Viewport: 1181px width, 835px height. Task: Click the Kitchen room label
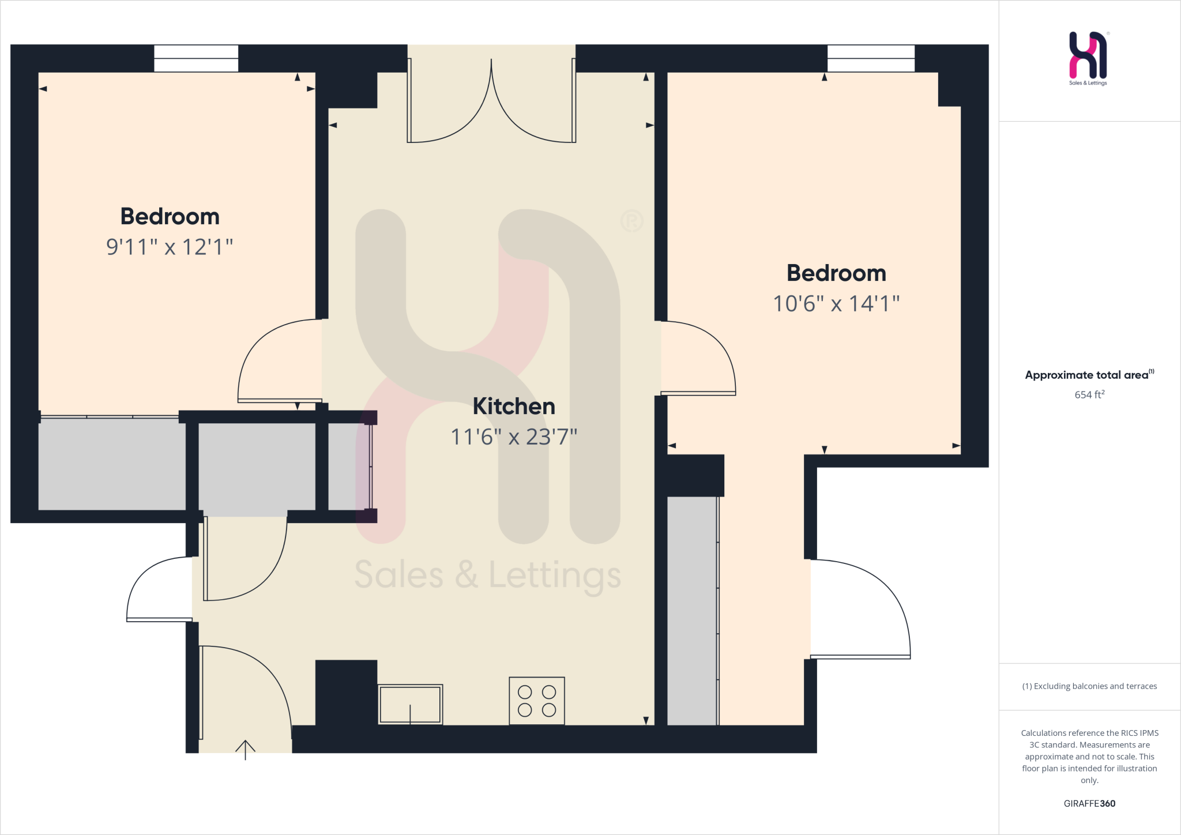[x=514, y=407]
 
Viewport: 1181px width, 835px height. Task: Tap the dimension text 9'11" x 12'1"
[x=170, y=247]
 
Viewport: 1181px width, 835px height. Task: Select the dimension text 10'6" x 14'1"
[x=836, y=304]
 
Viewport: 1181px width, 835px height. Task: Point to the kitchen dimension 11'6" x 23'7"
[x=514, y=437]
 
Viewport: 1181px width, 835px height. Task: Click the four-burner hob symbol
[x=536, y=701]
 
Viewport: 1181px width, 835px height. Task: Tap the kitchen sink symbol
[x=410, y=704]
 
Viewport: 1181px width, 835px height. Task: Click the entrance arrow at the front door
[x=245, y=749]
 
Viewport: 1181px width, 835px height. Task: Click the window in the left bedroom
[x=196, y=58]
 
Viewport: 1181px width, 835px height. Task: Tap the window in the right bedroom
[x=871, y=58]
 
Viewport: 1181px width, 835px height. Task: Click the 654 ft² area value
[x=1089, y=395]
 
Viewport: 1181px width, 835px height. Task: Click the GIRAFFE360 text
[x=1089, y=803]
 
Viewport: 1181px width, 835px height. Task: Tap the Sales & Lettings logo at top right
[x=1088, y=58]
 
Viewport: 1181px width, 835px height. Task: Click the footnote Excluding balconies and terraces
[x=1089, y=686]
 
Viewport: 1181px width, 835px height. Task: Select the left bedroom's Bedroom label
[x=170, y=217]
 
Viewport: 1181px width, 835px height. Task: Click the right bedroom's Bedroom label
[x=836, y=273]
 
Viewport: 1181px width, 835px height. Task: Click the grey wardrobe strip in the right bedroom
[x=692, y=611]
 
